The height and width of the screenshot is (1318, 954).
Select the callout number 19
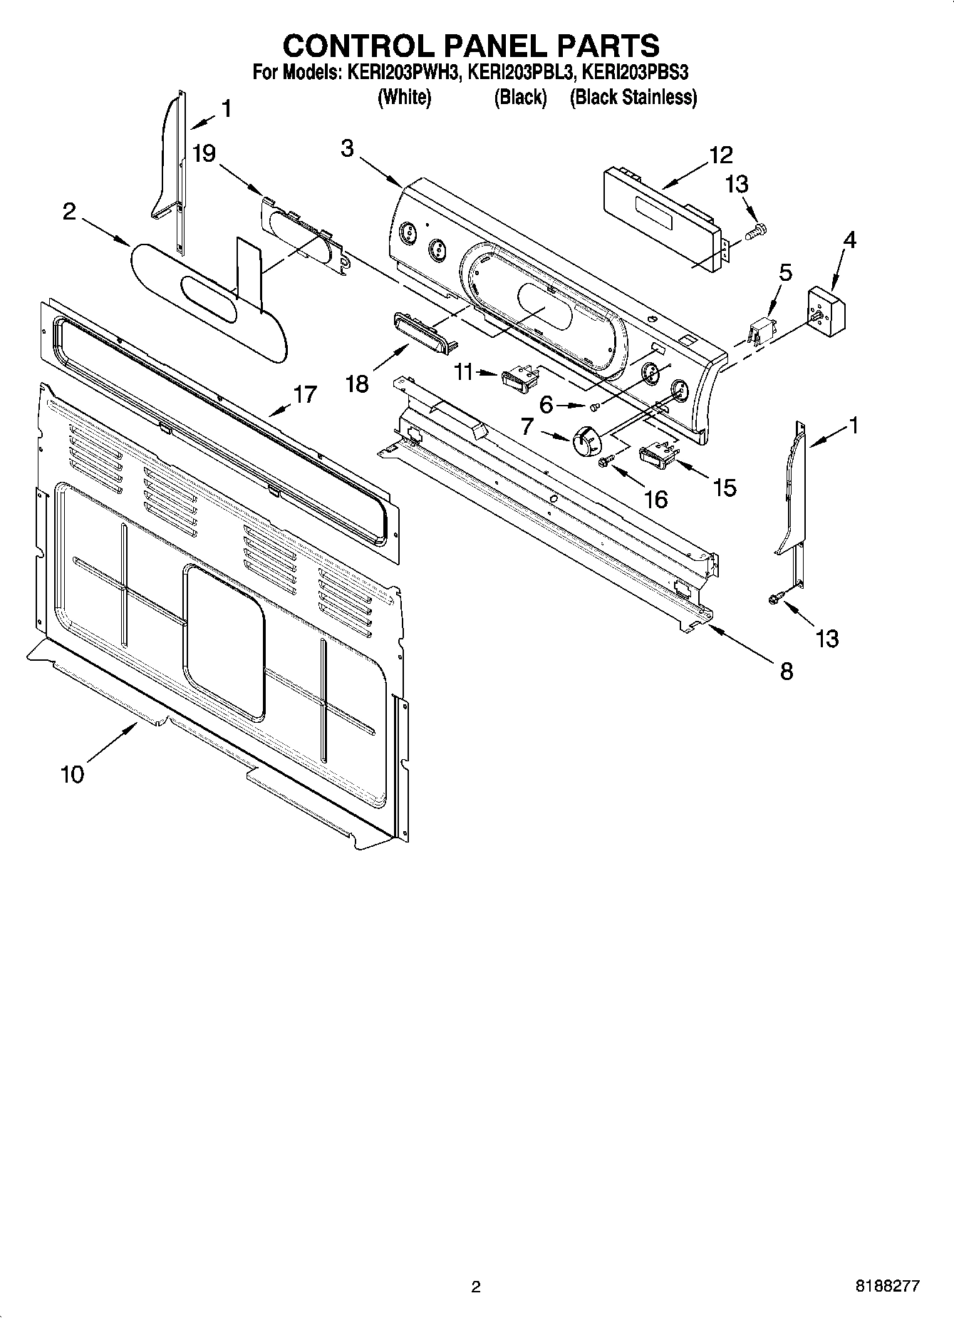(x=204, y=154)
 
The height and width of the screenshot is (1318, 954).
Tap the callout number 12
(x=720, y=155)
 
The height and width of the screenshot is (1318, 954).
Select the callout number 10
(x=72, y=773)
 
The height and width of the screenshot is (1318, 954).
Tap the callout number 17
(x=305, y=394)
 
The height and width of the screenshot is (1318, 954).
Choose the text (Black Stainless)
(x=633, y=97)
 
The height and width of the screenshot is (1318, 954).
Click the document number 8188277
(x=887, y=1287)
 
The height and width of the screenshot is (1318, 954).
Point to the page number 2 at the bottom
(x=476, y=1287)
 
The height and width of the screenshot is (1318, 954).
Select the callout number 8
(x=786, y=670)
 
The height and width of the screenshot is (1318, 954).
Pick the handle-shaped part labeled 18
(x=422, y=334)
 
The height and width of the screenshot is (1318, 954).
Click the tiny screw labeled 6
(x=596, y=406)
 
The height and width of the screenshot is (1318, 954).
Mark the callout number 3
(x=347, y=148)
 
